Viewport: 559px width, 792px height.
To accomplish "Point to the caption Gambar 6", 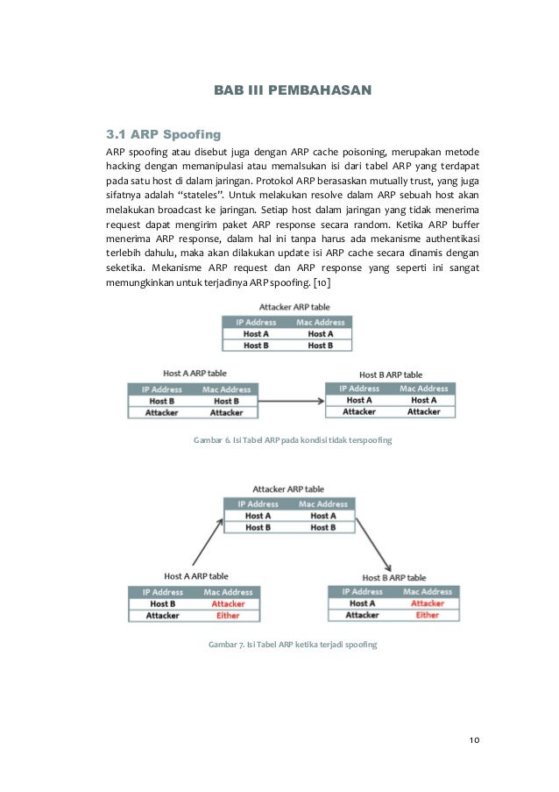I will (292, 439).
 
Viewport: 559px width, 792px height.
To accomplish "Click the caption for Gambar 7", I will (292, 645).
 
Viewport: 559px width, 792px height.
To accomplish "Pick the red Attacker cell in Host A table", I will (227, 604).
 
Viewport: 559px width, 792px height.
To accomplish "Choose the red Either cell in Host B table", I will (428, 615).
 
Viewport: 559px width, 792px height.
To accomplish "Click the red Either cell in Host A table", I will (227, 616).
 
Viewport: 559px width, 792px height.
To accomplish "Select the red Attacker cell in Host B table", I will (428, 603).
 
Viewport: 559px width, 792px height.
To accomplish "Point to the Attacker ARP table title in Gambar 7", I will (288, 489).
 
